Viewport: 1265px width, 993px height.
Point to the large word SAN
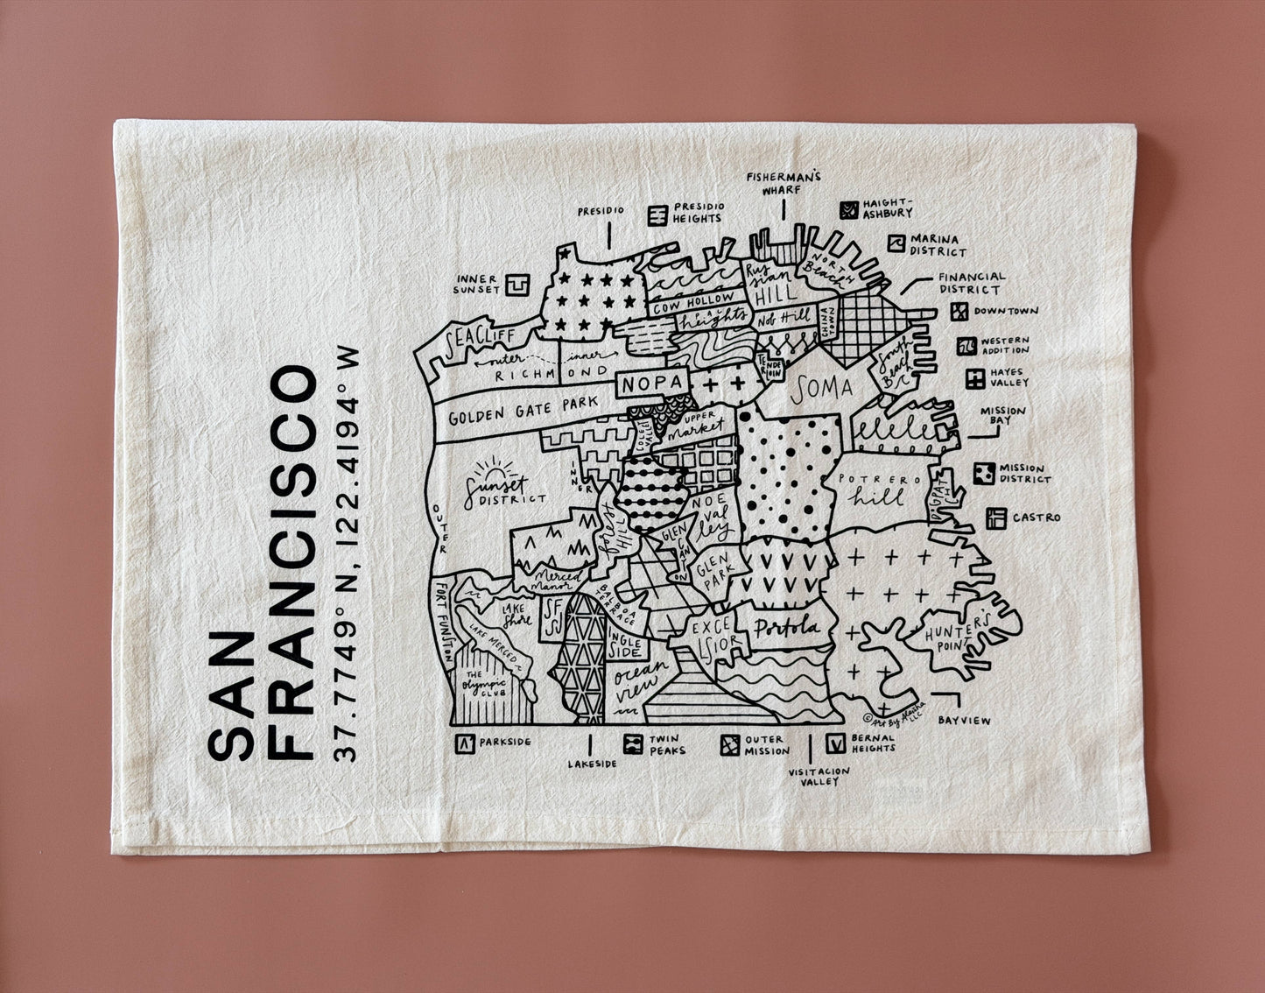229,698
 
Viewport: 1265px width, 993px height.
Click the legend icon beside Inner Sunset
520,284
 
